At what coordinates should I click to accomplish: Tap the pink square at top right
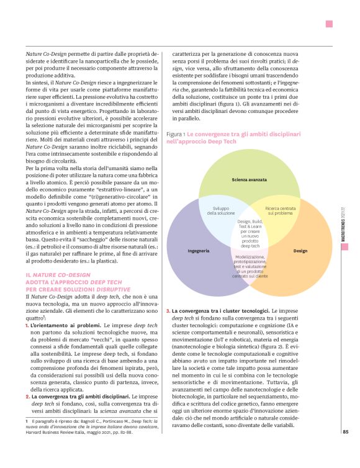(x=329, y=24)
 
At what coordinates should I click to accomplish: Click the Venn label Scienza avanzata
(x=244, y=179)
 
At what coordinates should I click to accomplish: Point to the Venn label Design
(x=300, y=251)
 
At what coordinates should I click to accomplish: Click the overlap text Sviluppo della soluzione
(x=221, y=211)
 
